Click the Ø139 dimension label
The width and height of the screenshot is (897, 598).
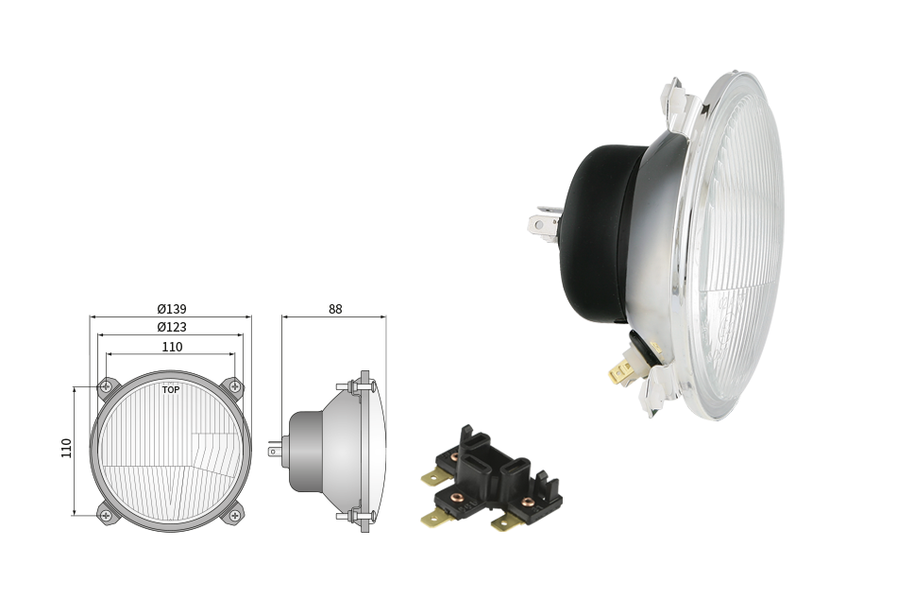(172, 309)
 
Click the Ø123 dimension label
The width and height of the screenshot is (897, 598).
(172, 327)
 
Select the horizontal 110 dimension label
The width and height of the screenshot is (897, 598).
(172, 347)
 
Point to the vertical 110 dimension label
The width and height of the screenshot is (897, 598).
(66, 448)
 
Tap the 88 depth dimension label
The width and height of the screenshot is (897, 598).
(335, 309)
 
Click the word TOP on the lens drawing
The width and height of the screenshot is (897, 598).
(171, 390)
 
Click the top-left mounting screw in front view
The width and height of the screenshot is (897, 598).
(106, 386)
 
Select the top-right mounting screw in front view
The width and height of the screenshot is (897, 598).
(235, 386)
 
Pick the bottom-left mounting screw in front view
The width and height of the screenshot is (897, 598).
(106, 516)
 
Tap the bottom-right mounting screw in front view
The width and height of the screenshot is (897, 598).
(235, 516)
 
